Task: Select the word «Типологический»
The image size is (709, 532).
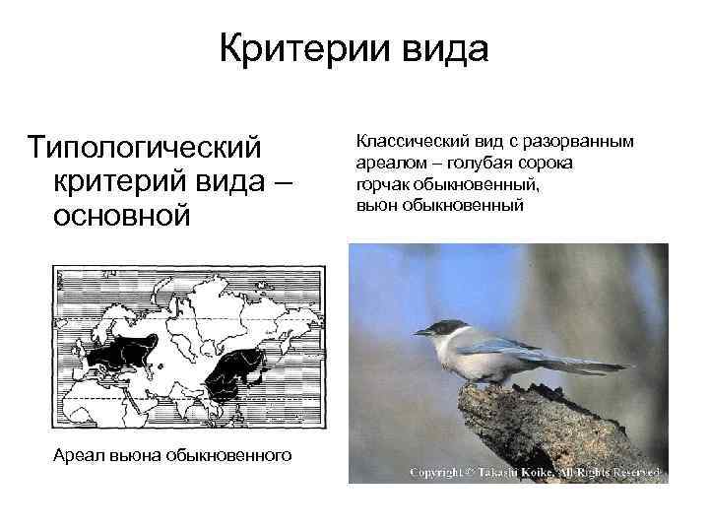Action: tap(146, 147)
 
